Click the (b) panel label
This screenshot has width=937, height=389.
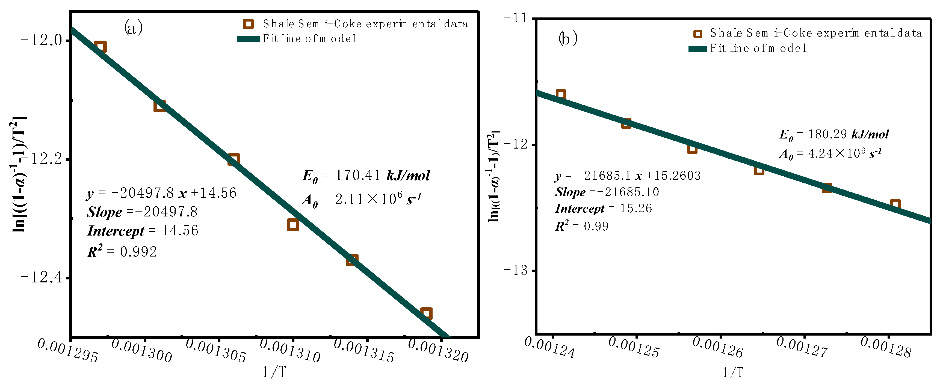pos(568,38)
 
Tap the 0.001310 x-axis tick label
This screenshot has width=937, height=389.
pos(290,351)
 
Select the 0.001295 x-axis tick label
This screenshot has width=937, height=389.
pos(68,351)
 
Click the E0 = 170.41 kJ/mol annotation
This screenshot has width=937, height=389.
pos(366,176)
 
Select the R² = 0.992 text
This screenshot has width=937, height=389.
pos(122,251)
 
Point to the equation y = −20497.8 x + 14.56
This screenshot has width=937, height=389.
pos(161,193)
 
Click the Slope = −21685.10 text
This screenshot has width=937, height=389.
pos(607,192)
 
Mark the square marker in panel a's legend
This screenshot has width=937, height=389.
pos(248,24)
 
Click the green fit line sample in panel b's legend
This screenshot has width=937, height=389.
pos(697,49)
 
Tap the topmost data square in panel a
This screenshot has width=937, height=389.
pos(100,47)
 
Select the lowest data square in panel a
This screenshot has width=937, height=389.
pos(426,313)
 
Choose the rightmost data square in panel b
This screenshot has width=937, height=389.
pos(895,204)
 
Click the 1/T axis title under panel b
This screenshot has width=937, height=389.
pos(732,372)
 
